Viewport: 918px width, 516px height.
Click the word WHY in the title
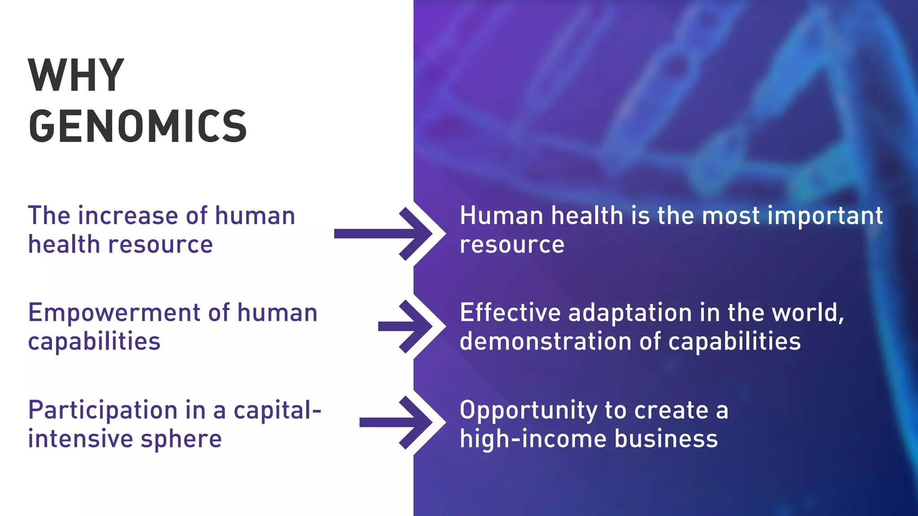click(76, 75)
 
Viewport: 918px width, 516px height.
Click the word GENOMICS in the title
click(138, 126)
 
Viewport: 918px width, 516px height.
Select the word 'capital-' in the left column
click(277, 410)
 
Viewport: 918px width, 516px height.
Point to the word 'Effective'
click(510, 313)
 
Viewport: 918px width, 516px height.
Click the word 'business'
click(666, 439)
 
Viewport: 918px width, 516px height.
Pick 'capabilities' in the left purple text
click(94, 342)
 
